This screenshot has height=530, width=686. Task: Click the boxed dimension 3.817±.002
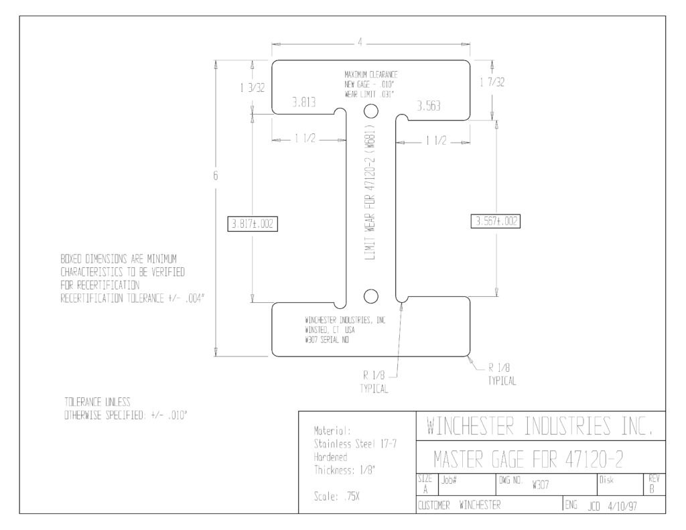coord(253,224)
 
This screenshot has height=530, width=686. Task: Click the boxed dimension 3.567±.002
coord(495,221)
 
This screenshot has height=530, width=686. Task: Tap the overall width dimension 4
coord(360,42)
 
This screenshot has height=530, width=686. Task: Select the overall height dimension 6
coord(215,176)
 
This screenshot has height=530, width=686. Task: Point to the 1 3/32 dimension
coord(253,88)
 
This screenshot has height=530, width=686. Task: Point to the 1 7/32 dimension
coord(492,82)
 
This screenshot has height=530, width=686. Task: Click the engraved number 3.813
coord(304,103)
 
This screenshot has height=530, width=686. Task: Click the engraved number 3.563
coord(428,106)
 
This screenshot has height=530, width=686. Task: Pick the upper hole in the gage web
coord(371,111)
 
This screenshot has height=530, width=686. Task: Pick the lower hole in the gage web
coord(371,296)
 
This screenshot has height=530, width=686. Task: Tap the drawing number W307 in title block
coord(541,485)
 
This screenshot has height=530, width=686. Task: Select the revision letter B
coord(652,489)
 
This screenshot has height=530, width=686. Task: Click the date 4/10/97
coord(622,507)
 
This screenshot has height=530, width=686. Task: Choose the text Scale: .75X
coord(337,496)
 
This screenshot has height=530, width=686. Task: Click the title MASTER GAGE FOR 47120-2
coord(529,459)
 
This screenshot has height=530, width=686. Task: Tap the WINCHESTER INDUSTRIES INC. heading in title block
coord(541,426)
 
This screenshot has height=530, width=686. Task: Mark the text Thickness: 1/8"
coord(345,470)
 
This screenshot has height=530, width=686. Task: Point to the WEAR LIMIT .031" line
coord(369,94)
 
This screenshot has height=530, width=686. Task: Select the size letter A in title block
coord(425,490)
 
